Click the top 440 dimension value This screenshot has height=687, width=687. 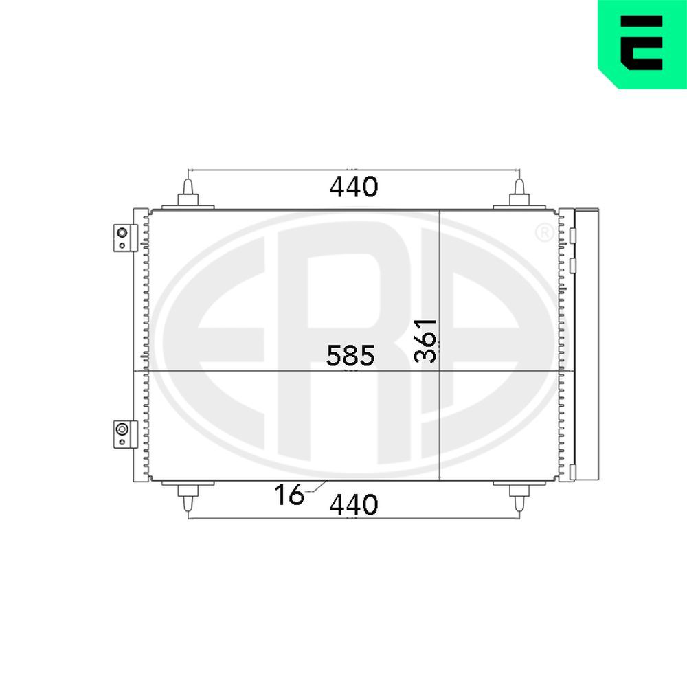(354, 187)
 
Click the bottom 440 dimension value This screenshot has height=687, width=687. (354, 505)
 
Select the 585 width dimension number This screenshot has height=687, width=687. (350, 355)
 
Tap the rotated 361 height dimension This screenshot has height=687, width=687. (426, 341)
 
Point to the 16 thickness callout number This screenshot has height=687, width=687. (289, 494)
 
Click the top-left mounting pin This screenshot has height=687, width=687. (188, 192)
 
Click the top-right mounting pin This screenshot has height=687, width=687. (519, 192)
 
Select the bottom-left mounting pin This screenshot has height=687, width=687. (188, 499)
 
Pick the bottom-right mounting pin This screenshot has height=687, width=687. (519, 499)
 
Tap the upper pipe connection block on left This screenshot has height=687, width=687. (125, 238)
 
